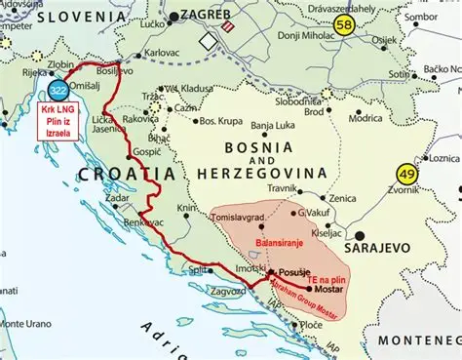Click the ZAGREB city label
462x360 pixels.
(x=208, y=17)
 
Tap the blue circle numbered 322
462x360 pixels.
(x=58, y=90)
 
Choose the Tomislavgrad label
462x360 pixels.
(x=241, y=218)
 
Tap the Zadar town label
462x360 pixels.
(x=118, y=197)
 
